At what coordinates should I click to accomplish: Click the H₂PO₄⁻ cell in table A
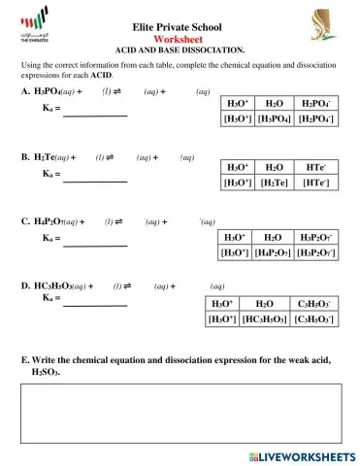[314, 102]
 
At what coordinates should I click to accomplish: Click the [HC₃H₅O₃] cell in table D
[262, 318]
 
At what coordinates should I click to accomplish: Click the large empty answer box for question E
[180, 413]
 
